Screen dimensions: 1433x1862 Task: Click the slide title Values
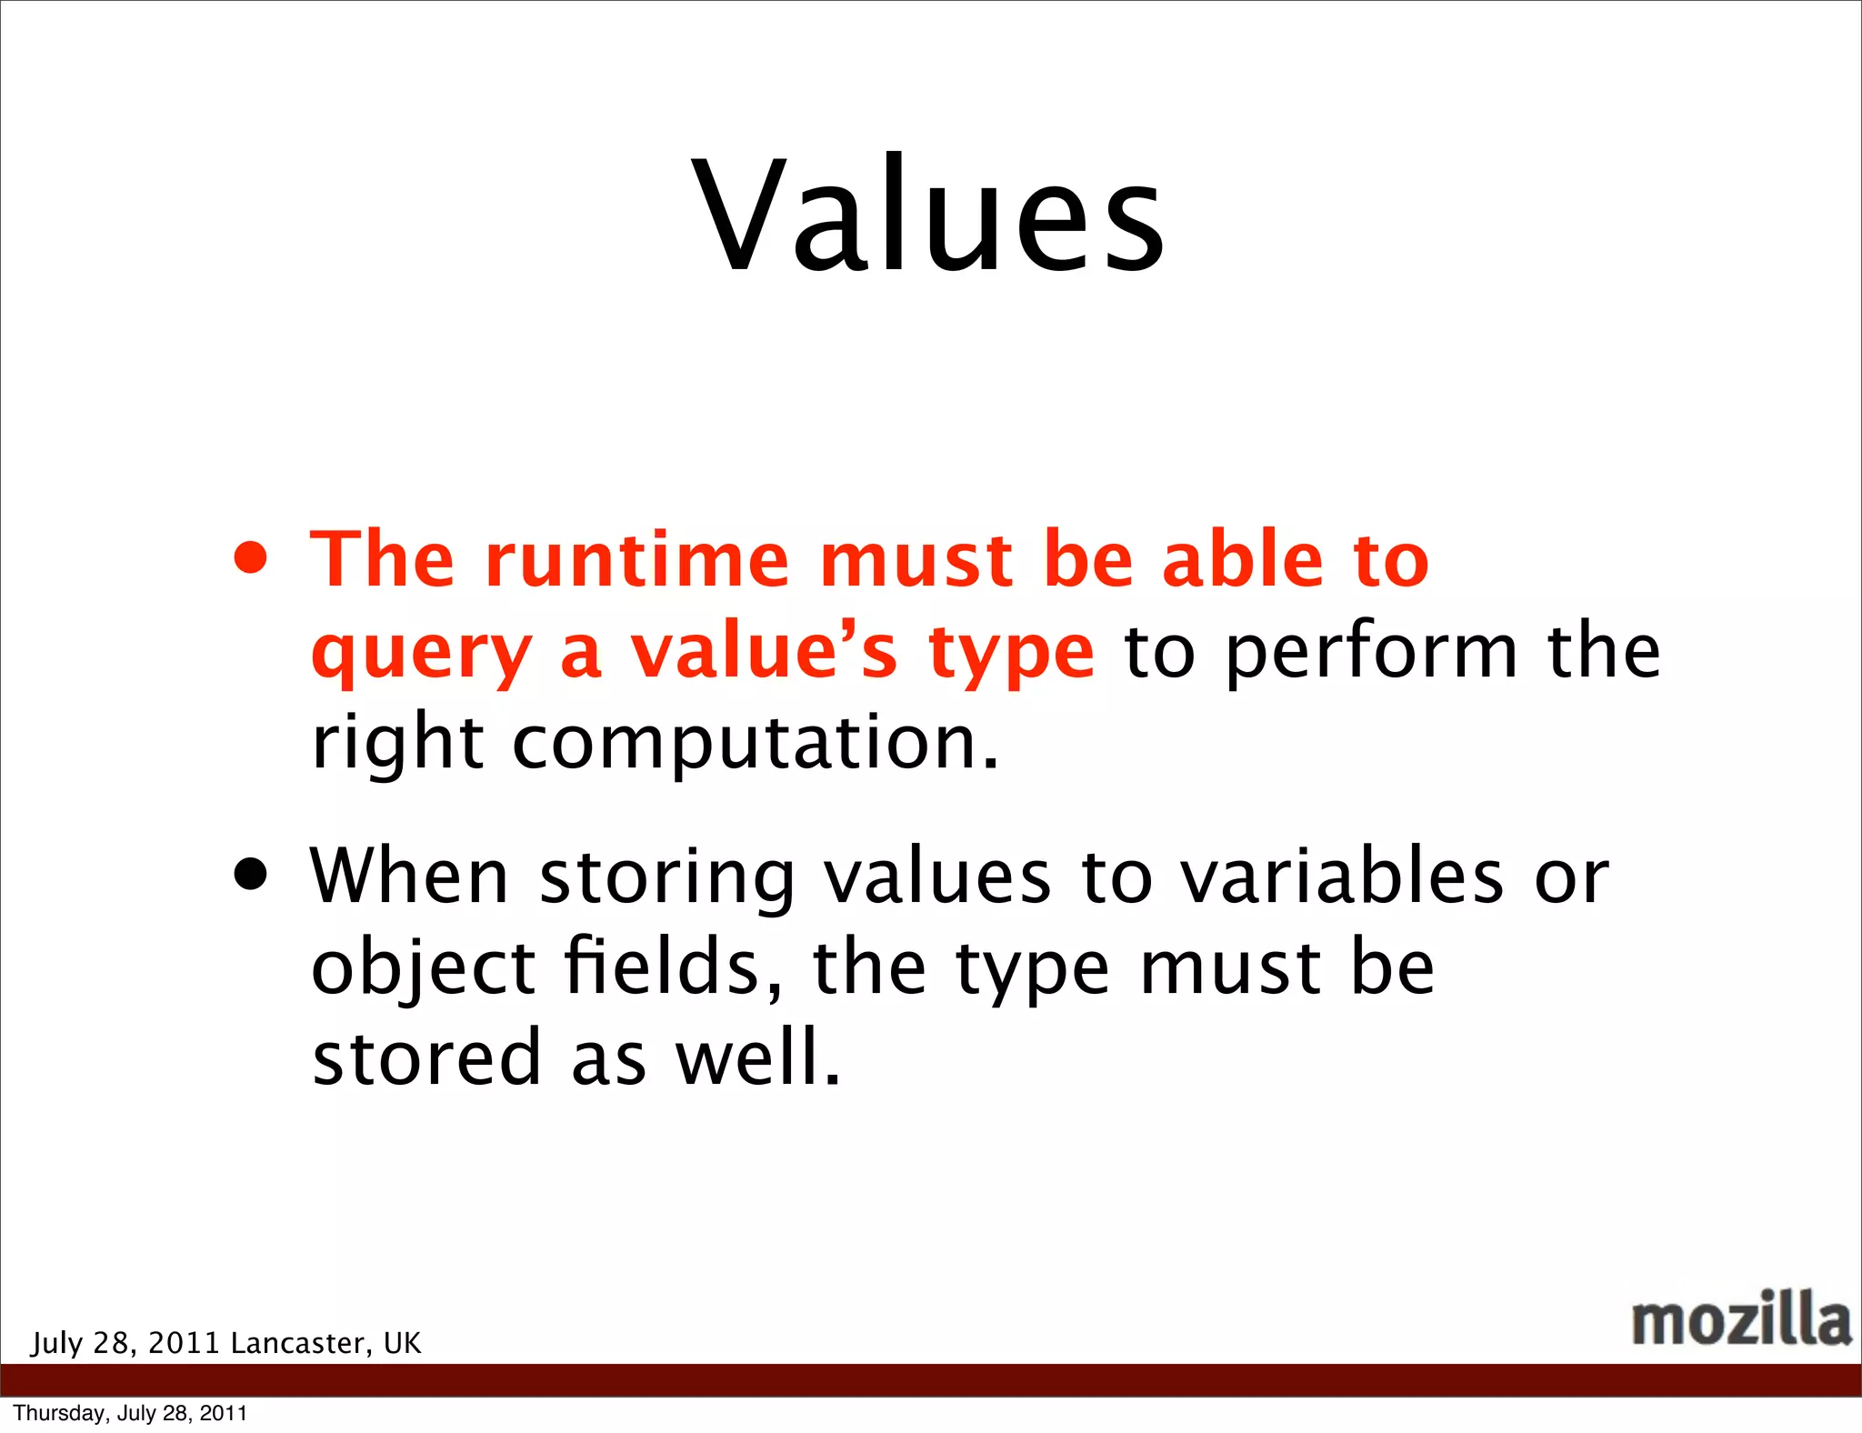pos(928,215)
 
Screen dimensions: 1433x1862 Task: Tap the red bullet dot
pos(250,559)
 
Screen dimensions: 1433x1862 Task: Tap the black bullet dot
pos(250,875)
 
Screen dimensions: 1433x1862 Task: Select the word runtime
pos(636,560)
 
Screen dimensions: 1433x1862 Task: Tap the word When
pos(409,876)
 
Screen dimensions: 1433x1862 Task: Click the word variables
pos(1342,876)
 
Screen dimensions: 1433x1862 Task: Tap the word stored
pos(426,1057)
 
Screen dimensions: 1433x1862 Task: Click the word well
pos(757,1057)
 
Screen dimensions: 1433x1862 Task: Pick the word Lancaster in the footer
pos(297,1343)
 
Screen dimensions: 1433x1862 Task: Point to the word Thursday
pos(58,1413)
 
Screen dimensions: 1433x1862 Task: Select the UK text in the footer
pos(402,1343)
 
